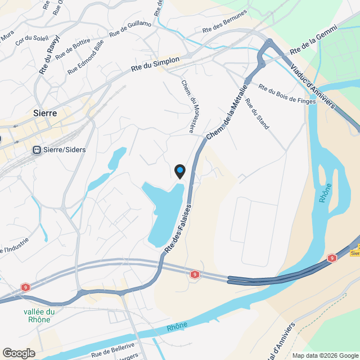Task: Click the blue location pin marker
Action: click(179, 171)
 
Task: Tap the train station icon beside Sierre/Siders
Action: click(37, 150)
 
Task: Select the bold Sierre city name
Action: click(45, 113)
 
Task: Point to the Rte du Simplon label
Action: click(155, 64)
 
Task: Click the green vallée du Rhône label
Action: click(39, 316)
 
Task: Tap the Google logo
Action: click(19, 353)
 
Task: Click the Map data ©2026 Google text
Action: click(325, 355)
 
